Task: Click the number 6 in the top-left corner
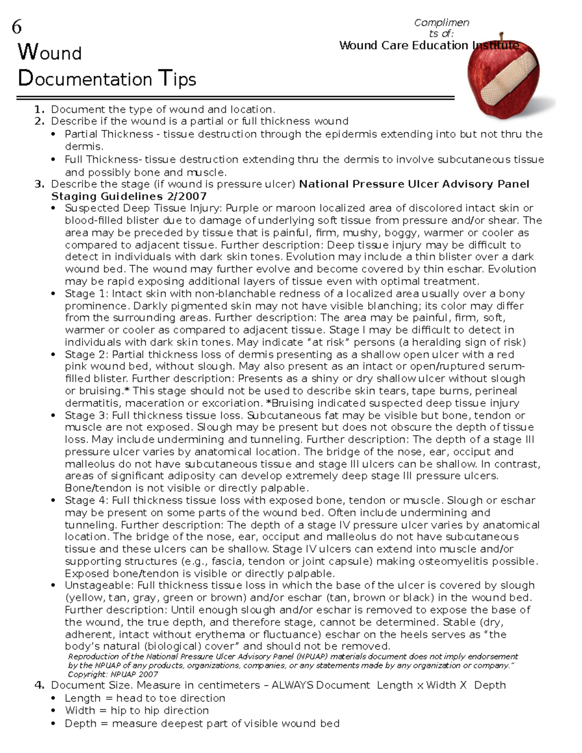(x=16, y=27)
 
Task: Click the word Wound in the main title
(x=49, y=52)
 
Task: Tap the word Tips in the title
(x=178, y=79)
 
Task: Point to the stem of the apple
(x=502, y=37)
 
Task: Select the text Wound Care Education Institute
(x=429, y=46)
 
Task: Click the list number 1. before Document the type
(x=39, y=110)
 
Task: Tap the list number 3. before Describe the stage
(x=39, y=184)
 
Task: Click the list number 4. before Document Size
(x=39, y=686)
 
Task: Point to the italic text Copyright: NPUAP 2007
(x=113, y=674)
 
